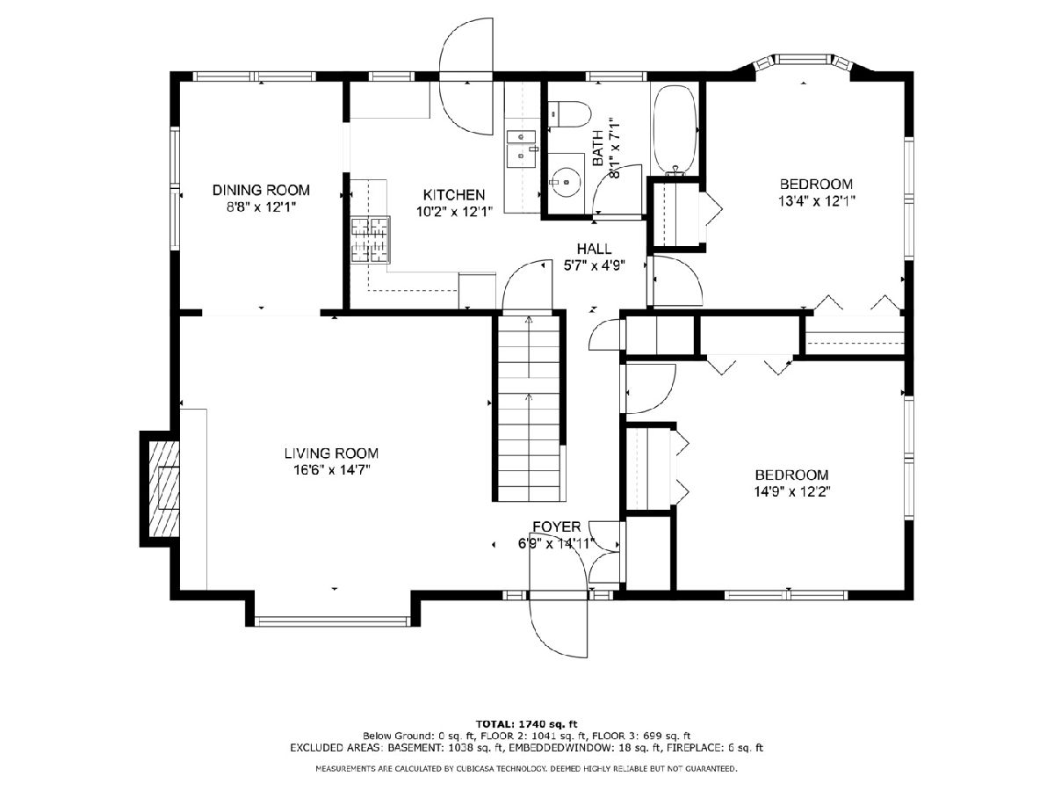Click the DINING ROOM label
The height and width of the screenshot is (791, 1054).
(261, 190)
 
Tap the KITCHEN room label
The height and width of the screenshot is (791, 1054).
(454, 194)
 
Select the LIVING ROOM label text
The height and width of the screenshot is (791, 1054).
(331, 453)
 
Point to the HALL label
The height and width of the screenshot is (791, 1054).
(594, 249)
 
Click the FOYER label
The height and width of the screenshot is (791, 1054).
(557, 526)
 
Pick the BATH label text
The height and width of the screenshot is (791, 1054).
(598, 148)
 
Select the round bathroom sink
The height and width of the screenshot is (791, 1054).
(565, 183)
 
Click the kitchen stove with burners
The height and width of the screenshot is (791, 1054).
(371, 240)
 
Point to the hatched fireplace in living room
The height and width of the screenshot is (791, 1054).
(164, 489)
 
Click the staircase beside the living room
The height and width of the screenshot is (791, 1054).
(529, 407)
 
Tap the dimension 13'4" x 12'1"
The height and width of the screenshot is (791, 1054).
(816, 200)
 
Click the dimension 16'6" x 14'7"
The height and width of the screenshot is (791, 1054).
(332, 469)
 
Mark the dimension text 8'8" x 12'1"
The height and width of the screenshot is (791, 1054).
(261, 207)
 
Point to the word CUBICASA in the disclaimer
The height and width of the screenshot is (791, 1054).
(480, 769)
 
